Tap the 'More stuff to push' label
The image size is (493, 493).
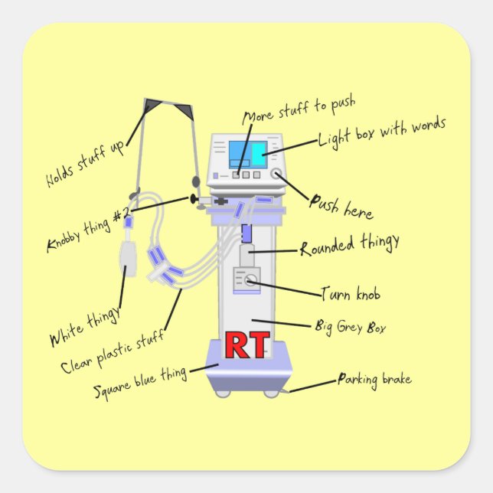tap(299, 111)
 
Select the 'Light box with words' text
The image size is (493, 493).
tap(381, 134)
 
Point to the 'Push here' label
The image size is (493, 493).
tap(341, 204)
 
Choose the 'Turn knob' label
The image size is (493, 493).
tap(350, 294)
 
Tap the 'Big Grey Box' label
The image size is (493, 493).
tap(350, 328)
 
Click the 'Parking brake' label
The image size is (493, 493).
tap(374, 380)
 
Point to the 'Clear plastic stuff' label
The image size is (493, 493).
tap(112, 351)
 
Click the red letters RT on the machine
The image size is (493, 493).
tap(247, 345)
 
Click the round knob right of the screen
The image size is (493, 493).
tap(276, 175)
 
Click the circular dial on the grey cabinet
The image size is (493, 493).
tap(249, 282)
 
